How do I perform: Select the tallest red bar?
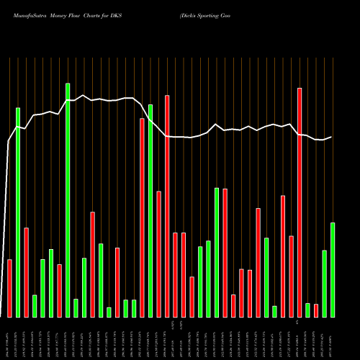300,202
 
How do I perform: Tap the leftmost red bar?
10,288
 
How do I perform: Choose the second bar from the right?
325,284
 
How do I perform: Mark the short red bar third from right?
316,310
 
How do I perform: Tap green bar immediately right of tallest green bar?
76,308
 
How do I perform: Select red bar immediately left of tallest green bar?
60,291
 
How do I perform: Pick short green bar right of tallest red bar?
308,310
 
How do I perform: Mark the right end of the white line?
331,137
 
